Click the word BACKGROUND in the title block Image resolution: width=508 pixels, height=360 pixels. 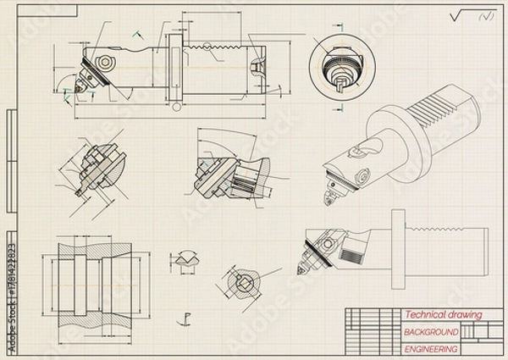pyautogui.click(x=430, y=332)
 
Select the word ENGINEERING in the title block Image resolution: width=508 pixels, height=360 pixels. pyautogui.click(x=430, y=349)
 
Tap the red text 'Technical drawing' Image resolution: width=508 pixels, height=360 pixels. pyautogui.click(x=442, y=314)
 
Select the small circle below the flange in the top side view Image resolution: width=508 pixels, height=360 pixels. pyautogui.click(x=175, y=108)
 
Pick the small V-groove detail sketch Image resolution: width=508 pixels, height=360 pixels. pyautogui.click(x=185, y=257)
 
